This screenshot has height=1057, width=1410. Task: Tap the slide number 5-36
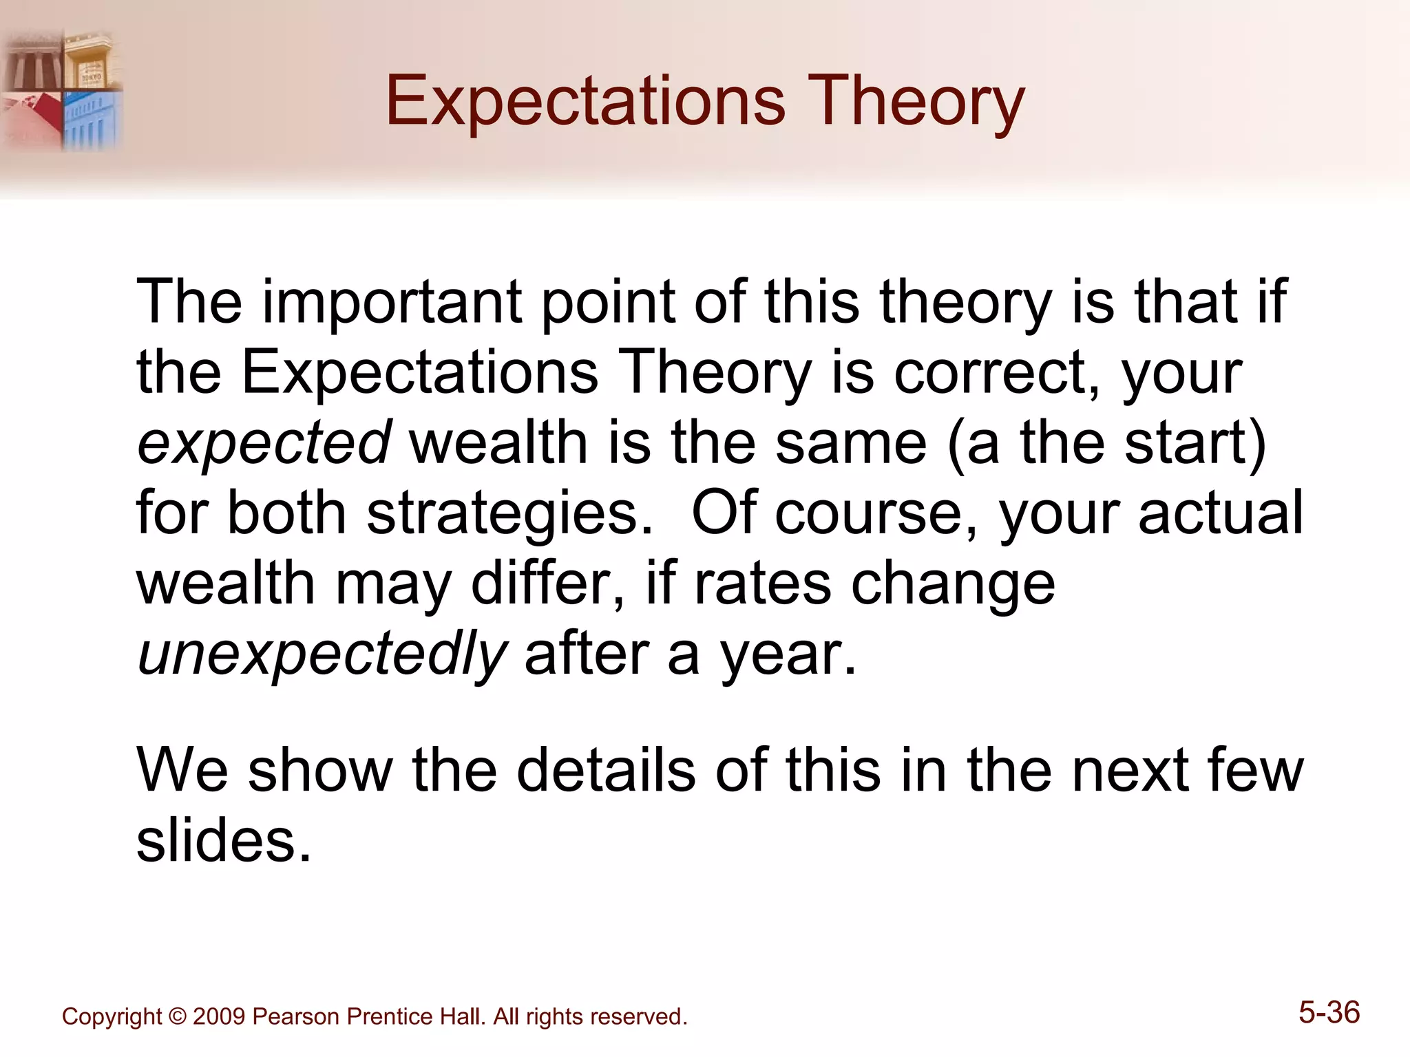(1329, 1012)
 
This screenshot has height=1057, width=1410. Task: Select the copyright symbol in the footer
(177, 1016)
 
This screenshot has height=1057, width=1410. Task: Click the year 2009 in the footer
(219, 1016)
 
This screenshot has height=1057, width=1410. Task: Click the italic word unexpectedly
(322, 654)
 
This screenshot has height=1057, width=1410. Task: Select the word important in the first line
(392, 303)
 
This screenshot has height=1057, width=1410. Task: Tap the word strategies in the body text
(509, 514)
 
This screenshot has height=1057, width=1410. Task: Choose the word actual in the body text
(1220, 513)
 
